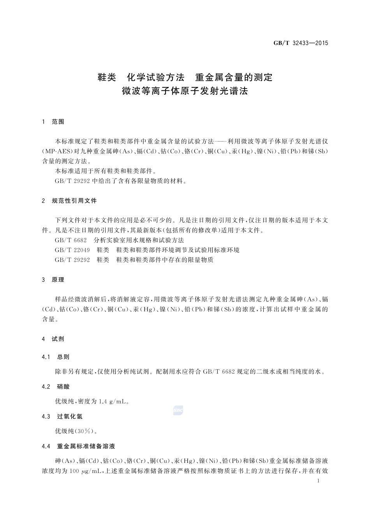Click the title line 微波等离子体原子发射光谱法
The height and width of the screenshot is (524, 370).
point(185,92)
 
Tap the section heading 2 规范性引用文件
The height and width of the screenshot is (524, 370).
point(69,201)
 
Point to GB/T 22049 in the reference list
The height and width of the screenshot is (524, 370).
point(72,250)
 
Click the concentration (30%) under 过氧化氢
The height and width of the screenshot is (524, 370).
point(84,431)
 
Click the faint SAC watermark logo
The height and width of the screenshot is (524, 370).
point(178,410)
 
